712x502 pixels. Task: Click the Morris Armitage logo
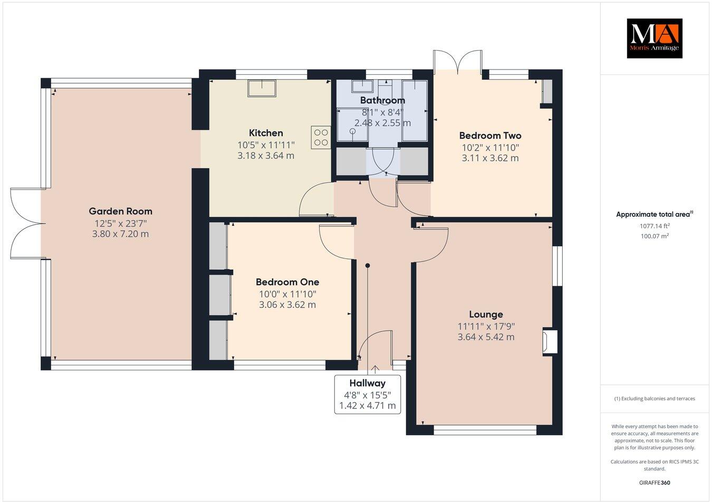click(654, 38)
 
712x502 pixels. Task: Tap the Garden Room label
click(120, 211)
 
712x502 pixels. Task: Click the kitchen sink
click(262, 88)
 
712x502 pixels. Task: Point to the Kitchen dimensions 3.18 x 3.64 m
click(266, 156)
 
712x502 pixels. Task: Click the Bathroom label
click(382, 100)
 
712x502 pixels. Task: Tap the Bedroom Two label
click(490, 136)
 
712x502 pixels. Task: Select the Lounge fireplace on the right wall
click(550, 341)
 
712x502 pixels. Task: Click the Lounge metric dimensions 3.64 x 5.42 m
click(486, 337)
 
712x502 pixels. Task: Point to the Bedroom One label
click(287, 282)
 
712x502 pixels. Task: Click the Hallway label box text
click(368, 383)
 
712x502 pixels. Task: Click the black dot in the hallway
click(368, 266)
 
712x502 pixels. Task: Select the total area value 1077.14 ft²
click(654, 226)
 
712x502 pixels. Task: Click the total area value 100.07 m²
click(654, 236)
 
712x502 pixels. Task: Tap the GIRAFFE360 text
click(654, 482)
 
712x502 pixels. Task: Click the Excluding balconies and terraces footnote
click(654, 399)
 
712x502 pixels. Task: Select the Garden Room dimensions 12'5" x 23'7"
click(120, 223)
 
